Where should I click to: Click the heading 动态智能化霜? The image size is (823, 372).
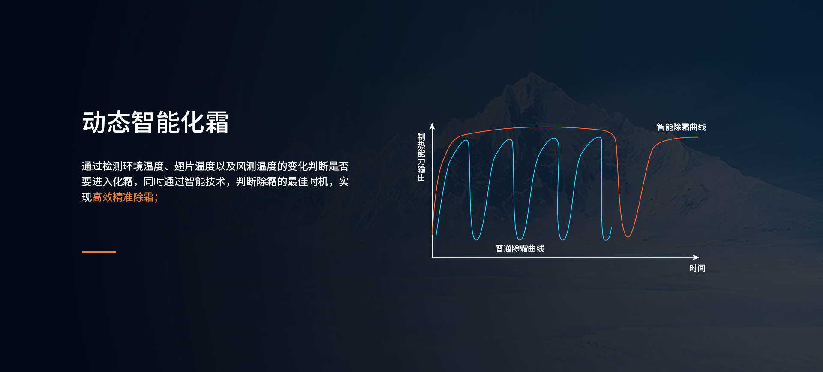tap(155, 122)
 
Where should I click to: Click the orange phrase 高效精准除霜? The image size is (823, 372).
tap(123, 197)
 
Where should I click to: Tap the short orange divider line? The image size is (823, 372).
tap(99, 252)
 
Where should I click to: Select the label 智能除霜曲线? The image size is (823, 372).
tap(681, 127)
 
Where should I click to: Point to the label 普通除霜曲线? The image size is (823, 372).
tap(520, 248)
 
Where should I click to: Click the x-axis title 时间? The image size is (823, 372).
tap(697, 268)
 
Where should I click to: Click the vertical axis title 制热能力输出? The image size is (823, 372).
tap(421, 157)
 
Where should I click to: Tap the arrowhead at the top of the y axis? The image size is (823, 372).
tap(432, 125)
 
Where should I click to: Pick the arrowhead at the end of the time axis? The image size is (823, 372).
tap(696, 257)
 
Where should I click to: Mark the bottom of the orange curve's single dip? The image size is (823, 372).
tap(628, 236)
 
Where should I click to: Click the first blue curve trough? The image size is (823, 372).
tap(476, 239)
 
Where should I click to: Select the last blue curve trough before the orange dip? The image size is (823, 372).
tap(607, 239)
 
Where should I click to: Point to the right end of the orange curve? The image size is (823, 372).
tap(698, 137)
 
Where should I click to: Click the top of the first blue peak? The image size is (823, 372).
tap(467, 140)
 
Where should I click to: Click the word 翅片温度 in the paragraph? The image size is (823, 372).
tap(194, 166)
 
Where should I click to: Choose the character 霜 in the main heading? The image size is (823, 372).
tap(217, 122)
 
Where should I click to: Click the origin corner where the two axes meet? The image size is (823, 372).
tap(432, 257)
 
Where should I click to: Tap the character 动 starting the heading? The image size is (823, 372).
tap(94, 122)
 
